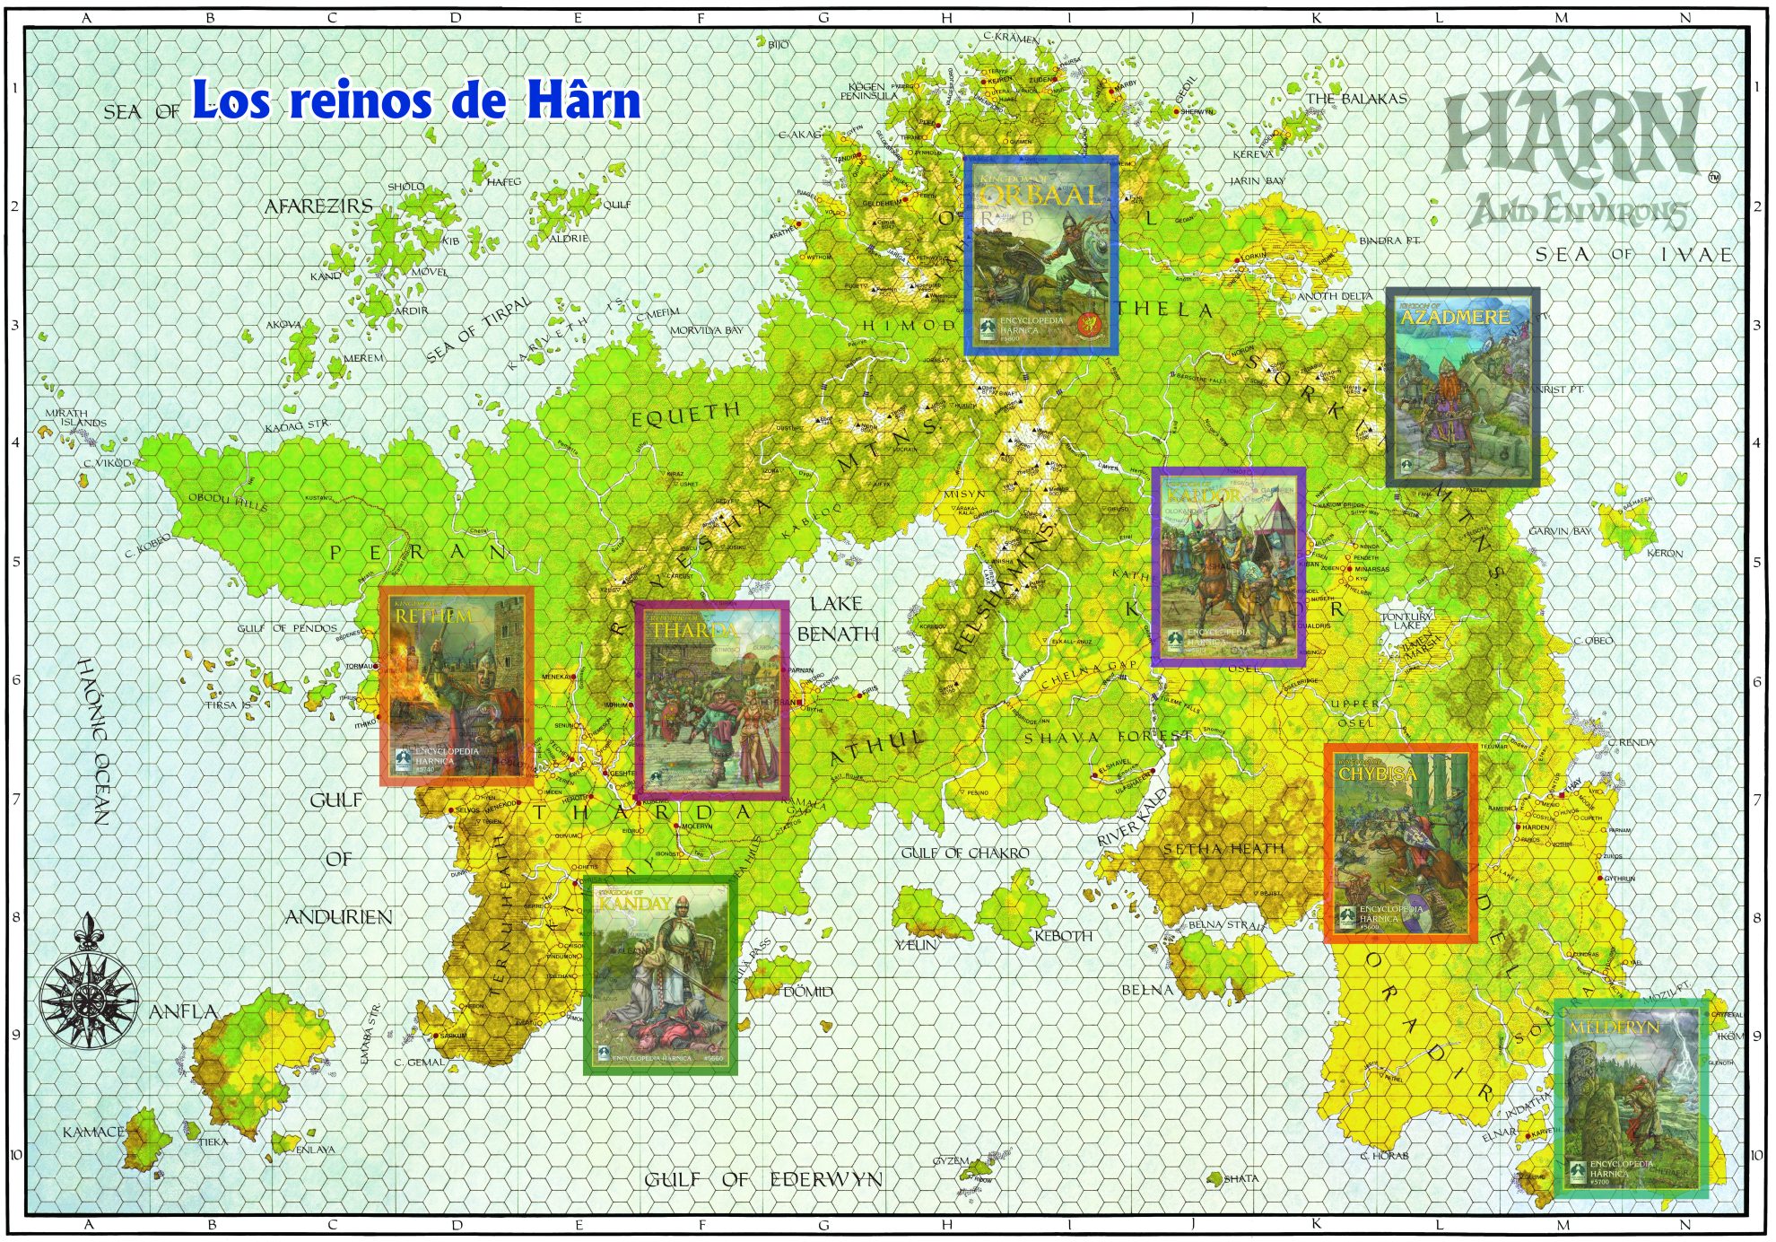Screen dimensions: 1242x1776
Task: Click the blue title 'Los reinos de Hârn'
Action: point(416,100)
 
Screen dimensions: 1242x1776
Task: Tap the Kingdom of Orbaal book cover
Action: point(1040,256)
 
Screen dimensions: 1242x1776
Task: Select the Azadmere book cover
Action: point(1462,387)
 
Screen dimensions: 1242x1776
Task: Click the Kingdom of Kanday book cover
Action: point(660,975)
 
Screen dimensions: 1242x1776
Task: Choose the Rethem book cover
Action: point(457,687)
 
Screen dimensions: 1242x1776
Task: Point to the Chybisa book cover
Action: point(1400,843)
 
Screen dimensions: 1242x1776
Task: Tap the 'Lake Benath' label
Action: point(837,618)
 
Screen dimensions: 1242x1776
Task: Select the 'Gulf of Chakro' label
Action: point(965,853)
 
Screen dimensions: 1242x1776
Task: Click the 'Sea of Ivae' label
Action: point(1633,255)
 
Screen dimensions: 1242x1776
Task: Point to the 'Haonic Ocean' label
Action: point(97,741)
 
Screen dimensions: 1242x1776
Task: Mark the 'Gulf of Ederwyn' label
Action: point(763,1179)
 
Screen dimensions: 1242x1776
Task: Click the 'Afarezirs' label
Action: point(318,206)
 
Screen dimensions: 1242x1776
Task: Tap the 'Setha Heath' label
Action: point(1223,849)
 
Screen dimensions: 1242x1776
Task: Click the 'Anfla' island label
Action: point(183,1011)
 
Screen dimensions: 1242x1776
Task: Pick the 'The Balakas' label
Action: point(1355,99)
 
